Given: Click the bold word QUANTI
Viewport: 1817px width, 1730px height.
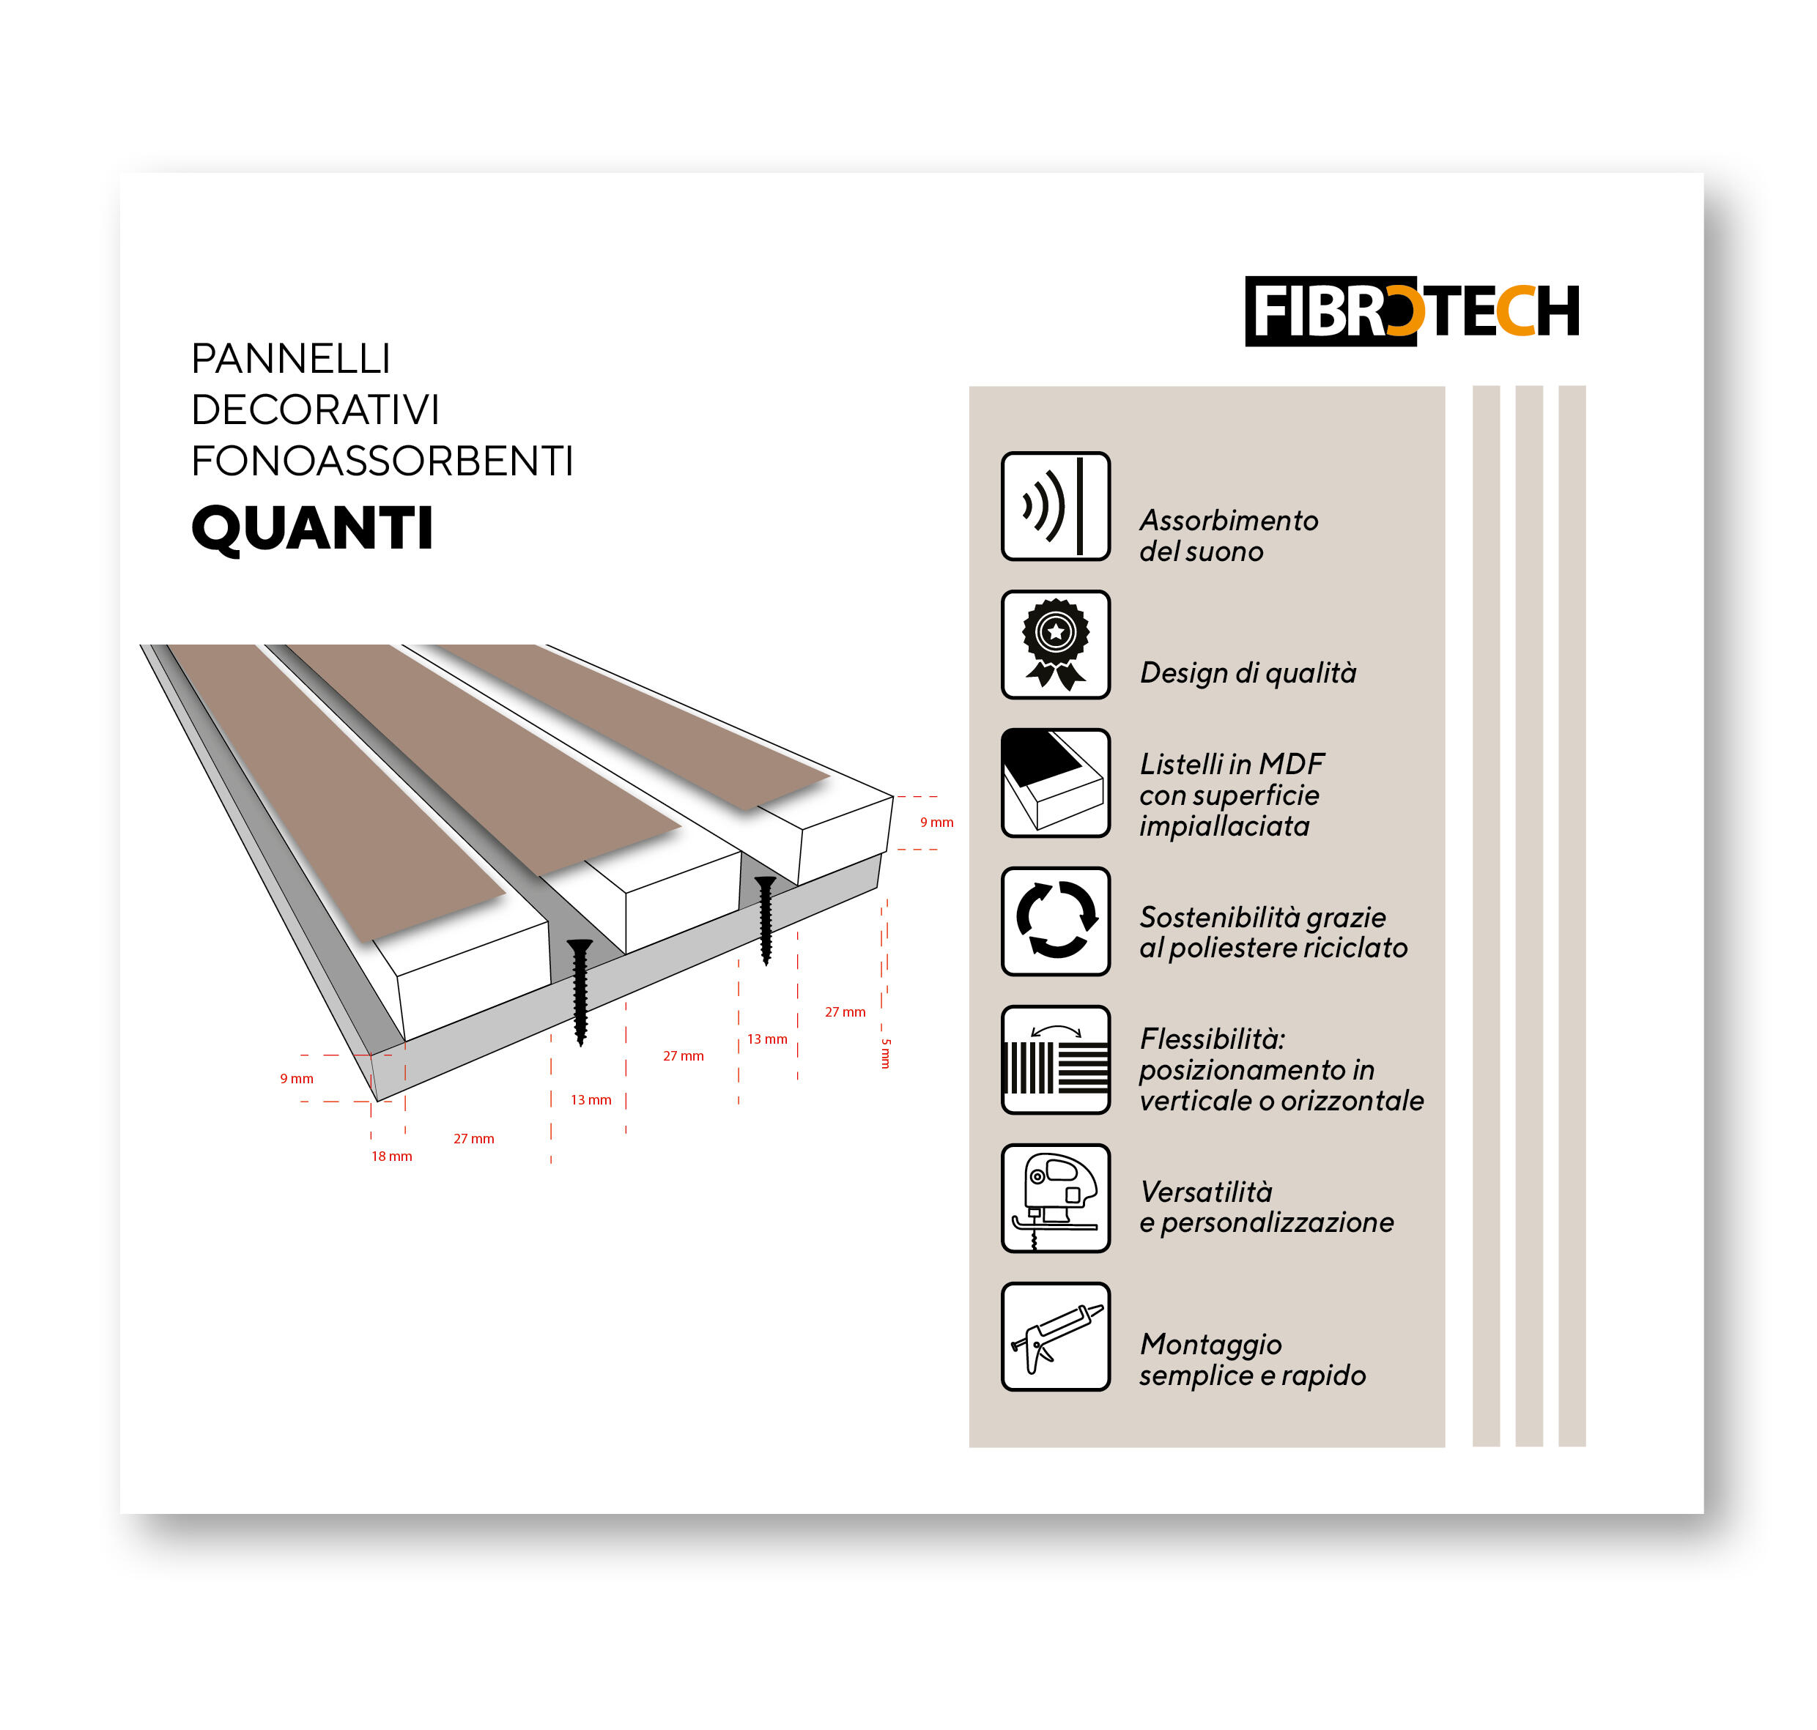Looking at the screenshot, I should tap(312, 530).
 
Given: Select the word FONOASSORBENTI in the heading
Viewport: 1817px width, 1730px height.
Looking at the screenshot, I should tap(381, 461).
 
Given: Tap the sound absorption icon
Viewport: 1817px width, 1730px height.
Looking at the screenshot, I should tap(1055, 506).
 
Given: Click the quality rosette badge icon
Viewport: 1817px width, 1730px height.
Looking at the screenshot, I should tap(1055, 645).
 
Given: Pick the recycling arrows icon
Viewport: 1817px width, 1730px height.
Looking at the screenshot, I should tap(1055, 921).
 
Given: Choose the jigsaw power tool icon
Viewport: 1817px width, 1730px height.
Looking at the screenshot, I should tap(1055, 1198).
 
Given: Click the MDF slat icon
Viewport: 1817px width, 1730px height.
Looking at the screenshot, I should tap(1055, 783).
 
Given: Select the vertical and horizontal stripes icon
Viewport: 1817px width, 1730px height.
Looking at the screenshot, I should tap(1055, 1060).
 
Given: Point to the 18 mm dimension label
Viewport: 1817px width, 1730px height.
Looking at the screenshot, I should tap(391, 1157).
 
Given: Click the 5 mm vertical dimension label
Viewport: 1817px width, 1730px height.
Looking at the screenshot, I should tap(886, 1053).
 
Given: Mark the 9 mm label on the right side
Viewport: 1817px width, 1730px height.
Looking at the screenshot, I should tap(936, 823).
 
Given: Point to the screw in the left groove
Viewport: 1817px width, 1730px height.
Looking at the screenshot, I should tap(580, 991).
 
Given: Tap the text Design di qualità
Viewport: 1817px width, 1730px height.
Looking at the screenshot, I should tap(1247, 673).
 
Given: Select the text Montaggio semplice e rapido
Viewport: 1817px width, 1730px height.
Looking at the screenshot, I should tap(1251, 1359).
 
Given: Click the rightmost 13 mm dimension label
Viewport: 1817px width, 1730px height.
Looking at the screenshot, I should tap(766, 1039).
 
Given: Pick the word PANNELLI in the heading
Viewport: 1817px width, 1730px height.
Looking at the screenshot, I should tap(291, 359).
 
